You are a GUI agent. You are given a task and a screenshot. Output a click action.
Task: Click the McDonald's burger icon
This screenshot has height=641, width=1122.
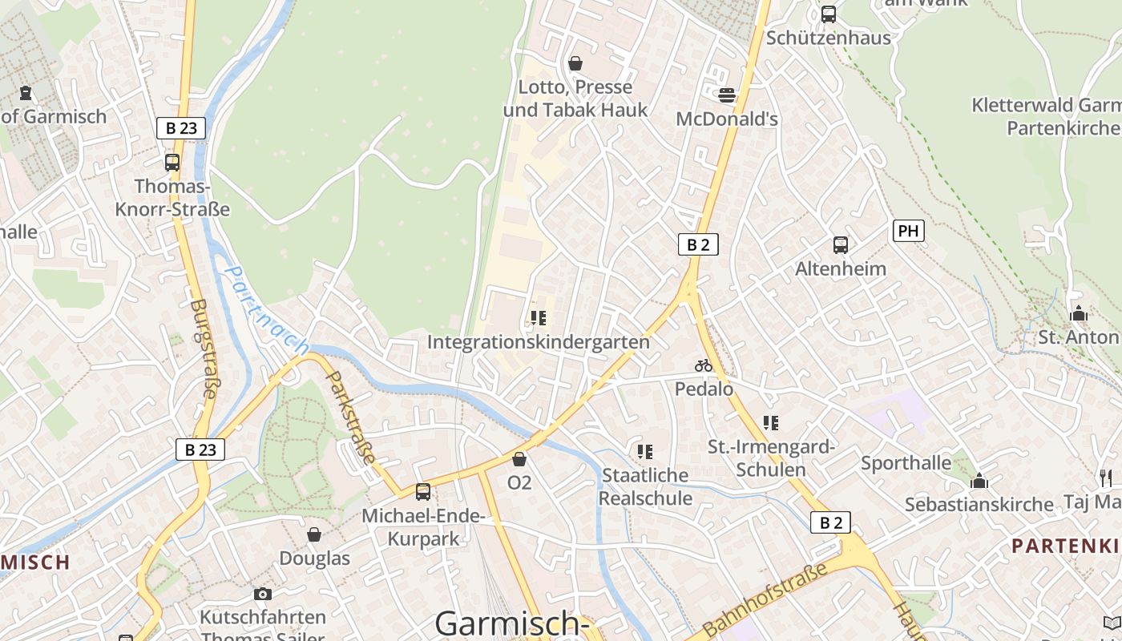[727, 95]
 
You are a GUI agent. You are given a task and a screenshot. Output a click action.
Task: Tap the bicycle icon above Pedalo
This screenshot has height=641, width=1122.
[704, 365]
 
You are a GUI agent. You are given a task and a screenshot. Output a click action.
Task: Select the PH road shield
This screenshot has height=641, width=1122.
[908, 232]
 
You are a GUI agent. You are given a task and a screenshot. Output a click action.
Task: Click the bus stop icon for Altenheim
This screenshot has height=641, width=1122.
[840, 245]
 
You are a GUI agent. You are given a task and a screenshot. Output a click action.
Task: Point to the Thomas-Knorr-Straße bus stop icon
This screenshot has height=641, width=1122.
[172, 163]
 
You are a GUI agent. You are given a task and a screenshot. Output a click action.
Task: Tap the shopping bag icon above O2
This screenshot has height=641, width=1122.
[519, 459]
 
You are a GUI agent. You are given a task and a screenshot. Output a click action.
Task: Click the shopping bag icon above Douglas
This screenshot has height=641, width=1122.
[314, 534]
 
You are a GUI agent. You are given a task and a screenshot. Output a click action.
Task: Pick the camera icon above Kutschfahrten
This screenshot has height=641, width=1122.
[262, 594]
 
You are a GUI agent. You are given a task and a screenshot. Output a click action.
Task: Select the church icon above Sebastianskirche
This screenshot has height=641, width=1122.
[979, 481]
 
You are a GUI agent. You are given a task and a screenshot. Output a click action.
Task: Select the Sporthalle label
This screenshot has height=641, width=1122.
[906, 463]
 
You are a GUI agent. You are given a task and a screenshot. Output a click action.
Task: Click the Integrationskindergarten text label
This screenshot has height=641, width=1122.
[538, 342]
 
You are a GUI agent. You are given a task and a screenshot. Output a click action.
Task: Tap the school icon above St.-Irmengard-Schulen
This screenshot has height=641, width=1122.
[771, 422]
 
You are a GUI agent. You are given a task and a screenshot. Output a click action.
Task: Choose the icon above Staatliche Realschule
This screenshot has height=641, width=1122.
[645, 452]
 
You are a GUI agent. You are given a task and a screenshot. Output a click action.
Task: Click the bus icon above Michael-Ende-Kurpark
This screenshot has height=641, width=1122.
[422, 491]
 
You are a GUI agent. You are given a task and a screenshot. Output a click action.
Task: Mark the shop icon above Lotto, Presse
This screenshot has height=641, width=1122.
[575, 63]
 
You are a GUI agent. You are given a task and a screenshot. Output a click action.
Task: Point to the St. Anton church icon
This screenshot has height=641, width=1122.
[1079, 313]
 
